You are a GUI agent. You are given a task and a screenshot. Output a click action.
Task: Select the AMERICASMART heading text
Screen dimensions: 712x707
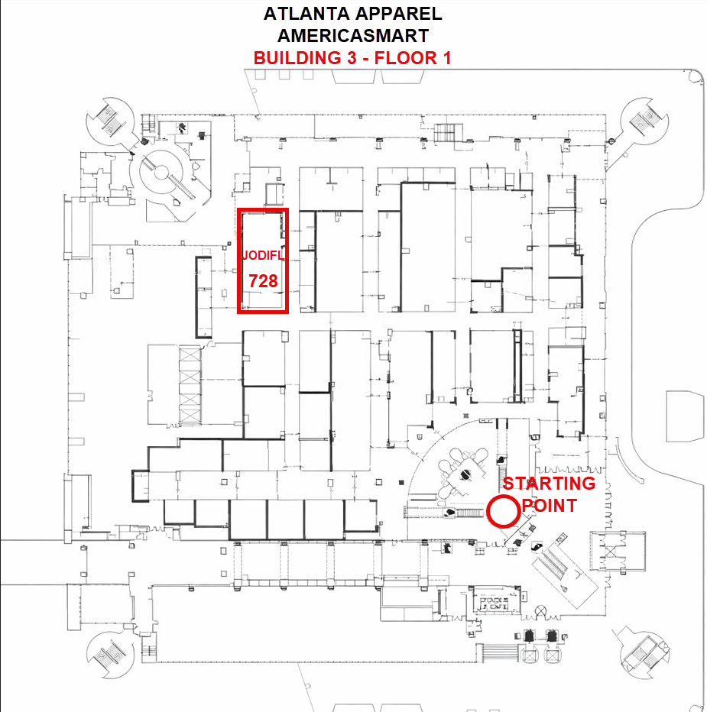[x=352, y=35]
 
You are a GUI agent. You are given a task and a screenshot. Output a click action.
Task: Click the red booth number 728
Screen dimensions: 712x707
[x=263, y=281]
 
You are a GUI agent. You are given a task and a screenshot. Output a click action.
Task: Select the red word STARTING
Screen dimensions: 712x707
[x=548, y=483]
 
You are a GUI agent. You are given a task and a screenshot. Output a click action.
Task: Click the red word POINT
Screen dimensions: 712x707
[x=548, y=505]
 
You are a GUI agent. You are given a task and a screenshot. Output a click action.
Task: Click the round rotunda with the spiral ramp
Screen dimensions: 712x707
[x=161, y=173]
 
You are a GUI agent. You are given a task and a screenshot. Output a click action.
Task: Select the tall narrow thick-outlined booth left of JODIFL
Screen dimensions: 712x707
[x=203, y=297]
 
